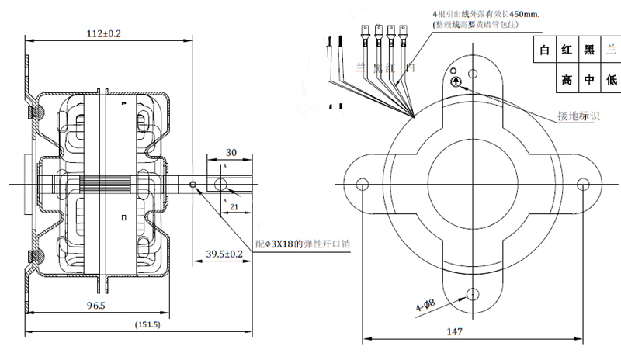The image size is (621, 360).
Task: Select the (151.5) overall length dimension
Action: (147, 324)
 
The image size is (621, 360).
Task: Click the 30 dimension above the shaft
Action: (231, 152)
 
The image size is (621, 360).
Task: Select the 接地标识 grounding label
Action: (578, 116)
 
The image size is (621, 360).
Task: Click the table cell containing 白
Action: (544, 51)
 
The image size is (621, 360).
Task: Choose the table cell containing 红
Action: (567, 51)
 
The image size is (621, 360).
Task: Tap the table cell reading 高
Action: (567, 79)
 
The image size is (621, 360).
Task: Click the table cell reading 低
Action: (611, 79)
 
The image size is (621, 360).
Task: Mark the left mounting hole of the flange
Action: (362, 184)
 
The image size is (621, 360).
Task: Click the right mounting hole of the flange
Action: (585, 184)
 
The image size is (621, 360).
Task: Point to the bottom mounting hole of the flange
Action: (473, 294)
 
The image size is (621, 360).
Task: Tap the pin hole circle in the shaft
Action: (220, 185)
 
